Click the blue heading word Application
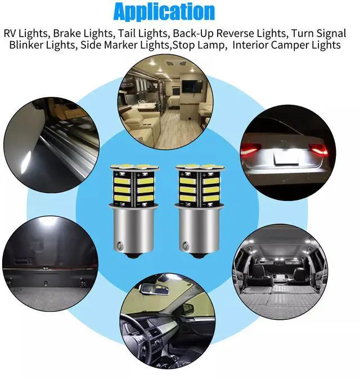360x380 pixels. pyautogui.click(x=164, y=12)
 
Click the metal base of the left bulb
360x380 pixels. pyautogui.click(x=133, y=230)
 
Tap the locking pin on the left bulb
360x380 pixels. pyautogui.click(x=120, y=246)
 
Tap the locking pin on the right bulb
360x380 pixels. pyautogui.click(x=186, y=246)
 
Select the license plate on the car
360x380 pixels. pyautogui.click(x=286, y=157)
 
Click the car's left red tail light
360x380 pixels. pyautogui.click(x=250, y=148)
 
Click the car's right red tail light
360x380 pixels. pyautogui.click(x=319, y=150)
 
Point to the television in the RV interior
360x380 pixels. pyautogui.click(x=192, y=86)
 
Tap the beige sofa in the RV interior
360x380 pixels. pyautogui.click(x=138, y=126)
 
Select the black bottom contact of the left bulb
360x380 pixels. pyautogui.click(x=132, y=256)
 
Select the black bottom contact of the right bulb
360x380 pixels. pyautogui.click(x=198, y=256)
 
